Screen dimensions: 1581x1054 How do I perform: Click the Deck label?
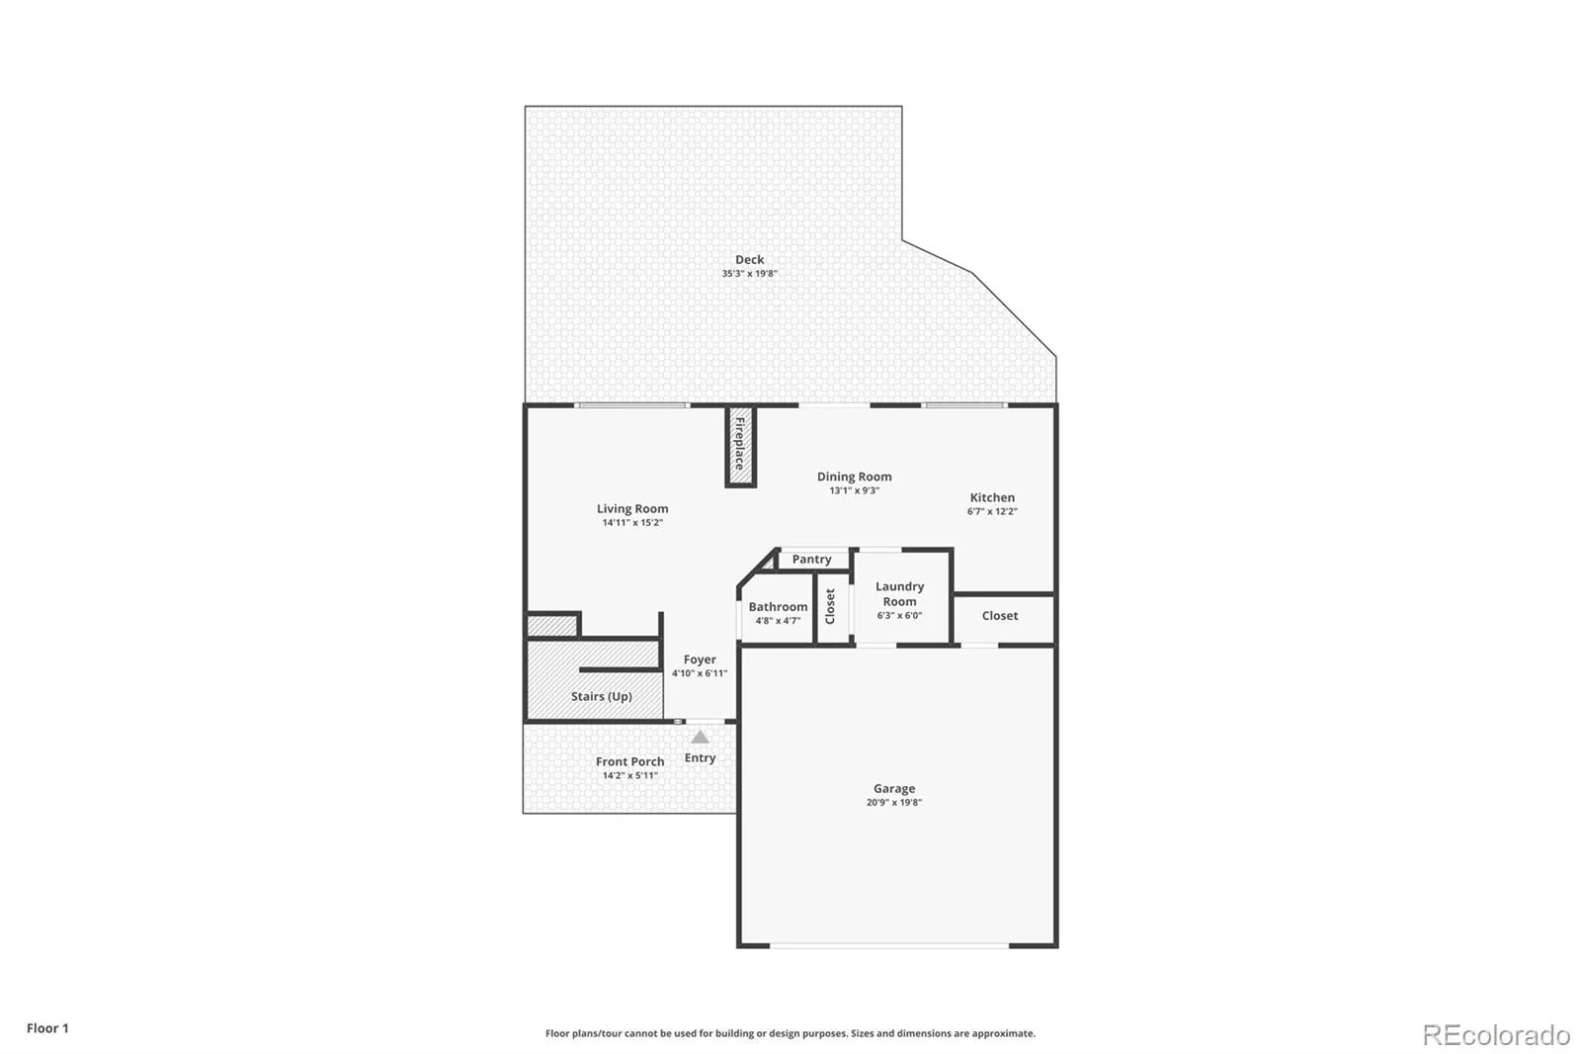[749, 259]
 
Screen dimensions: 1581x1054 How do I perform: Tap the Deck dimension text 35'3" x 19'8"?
[749, 274]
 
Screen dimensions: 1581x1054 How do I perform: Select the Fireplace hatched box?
[740, 446]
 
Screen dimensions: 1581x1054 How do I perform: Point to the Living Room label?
[632, 508]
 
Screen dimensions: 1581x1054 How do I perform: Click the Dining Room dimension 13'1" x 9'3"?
[854, 490]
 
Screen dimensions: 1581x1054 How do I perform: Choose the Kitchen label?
[992, 497]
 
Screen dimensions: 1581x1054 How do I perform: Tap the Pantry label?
[811, 560]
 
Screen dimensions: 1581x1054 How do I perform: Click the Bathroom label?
[778, 607]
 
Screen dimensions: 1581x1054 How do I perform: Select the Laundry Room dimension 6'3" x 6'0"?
[899, 615]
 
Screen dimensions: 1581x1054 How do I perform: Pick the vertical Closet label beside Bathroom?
[830, 606]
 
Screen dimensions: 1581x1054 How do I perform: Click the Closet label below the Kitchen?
[999, 615]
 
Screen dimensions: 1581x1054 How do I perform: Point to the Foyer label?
[700, 659]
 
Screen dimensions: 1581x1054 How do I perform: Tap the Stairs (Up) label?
[602, 696]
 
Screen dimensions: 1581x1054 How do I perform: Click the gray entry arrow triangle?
[700, 738]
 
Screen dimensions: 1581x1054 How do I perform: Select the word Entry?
[701, 758]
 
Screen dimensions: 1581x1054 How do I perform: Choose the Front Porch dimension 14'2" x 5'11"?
[629, 775]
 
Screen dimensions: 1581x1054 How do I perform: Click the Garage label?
[894, 788]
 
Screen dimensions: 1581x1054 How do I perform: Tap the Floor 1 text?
[48, 1028]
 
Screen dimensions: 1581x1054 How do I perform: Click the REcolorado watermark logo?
[1496, 1035]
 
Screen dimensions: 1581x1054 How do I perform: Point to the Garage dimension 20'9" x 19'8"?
[894, 803]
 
